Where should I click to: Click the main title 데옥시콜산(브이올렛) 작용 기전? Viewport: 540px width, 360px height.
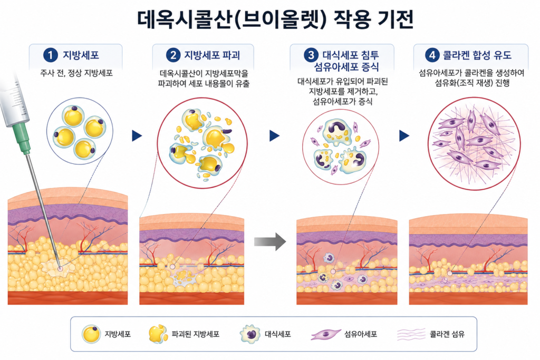pyautogui.click(x=275, y=20)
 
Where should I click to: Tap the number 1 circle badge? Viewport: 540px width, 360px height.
pyautogui.click(x=50, y=55)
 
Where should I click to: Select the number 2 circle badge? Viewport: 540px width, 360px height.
pyautogui.click(x=173, y=55)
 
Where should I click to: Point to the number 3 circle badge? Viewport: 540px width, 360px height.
pyautogui.click(x=311, y=55)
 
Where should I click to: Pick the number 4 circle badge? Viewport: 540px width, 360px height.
pyautogui.click(x=432, y=55)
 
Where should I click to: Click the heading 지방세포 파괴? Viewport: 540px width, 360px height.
pyautogui.click(x=212, y=55)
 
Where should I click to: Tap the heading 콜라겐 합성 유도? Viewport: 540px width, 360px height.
pyautogui.click(x=477, y=55)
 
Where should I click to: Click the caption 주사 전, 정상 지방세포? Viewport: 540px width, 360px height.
pyautogui.click(x=76, y=73)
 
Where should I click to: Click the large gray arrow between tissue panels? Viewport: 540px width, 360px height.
pyautogui.click(x=270, y=241)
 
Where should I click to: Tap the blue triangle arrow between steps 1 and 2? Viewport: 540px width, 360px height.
pyautogui.click(x=137, y=135)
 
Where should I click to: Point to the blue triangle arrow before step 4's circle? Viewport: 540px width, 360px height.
pyautogui.click(x=404, y=135)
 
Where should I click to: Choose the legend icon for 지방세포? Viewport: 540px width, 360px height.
pyautogui.click(x=91, y=334)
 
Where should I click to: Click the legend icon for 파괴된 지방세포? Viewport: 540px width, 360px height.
pyautogui.click(x=158, y=334)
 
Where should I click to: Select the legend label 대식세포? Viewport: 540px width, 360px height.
pyautogui.click(x=277, y=334)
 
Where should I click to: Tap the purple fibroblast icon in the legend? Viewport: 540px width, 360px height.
pyautogui.click(x=325, y=334)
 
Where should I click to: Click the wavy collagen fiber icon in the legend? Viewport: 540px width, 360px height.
pyautogui.click(x=411, y=334)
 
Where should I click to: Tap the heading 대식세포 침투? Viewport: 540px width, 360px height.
pyautogui.click(x=351, y=55)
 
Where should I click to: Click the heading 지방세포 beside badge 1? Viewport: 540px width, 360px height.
pyautogui.click(x=81, y=55)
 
